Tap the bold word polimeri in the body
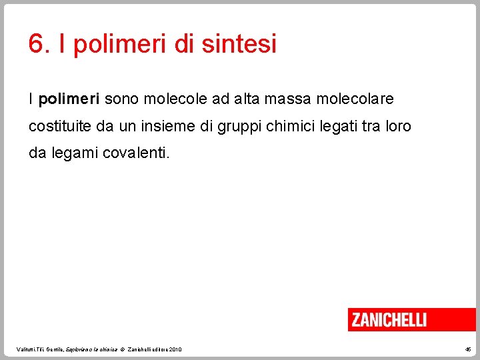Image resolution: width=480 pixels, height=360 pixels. coord(69,99)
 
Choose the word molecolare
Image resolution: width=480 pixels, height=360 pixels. coord(355,99)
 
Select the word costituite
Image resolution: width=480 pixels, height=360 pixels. coord(55,126)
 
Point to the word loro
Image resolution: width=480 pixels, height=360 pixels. coord(399,126)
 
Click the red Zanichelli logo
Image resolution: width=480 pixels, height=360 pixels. coord(389,319)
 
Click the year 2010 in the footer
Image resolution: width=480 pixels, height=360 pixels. coord(175,349)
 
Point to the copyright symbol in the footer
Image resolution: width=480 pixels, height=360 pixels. coord(124,349)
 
